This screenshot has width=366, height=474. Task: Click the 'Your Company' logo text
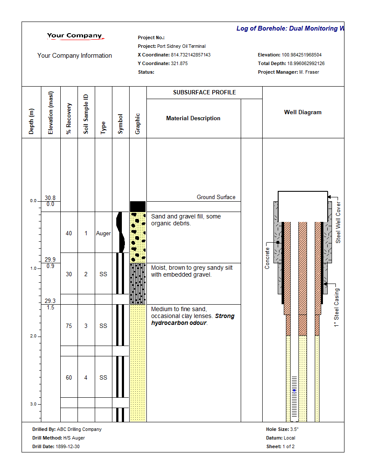click(74, 36)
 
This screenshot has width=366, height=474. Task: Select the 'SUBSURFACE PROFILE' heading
click(204, 92)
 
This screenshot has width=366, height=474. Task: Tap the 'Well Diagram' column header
click(303, 112)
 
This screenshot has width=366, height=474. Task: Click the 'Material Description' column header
click(193, 118)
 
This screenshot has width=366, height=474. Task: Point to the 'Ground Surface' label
click(216, 197)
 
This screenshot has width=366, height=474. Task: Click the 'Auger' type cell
click(103, 233)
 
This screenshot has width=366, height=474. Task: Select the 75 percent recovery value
click(69, 326)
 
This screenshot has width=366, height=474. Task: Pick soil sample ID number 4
click(86, 377)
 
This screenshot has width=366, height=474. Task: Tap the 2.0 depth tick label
click(33, 336)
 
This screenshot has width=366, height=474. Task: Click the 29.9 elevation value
click(50, 259)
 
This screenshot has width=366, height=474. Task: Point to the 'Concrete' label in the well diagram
click(267, 258)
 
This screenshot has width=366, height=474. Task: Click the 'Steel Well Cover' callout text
click(338, 222)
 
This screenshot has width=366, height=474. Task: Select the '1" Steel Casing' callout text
click(337, 307)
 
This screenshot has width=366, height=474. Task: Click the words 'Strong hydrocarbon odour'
click(193, 319)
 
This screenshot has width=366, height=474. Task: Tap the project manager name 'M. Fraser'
click(309, 72)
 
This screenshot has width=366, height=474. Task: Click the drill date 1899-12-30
click(68, 446)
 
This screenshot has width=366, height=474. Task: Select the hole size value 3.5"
click(295, 429)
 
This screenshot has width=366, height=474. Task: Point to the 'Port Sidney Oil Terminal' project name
click(181, 46)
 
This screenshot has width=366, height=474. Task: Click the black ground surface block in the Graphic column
click(138, 206)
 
